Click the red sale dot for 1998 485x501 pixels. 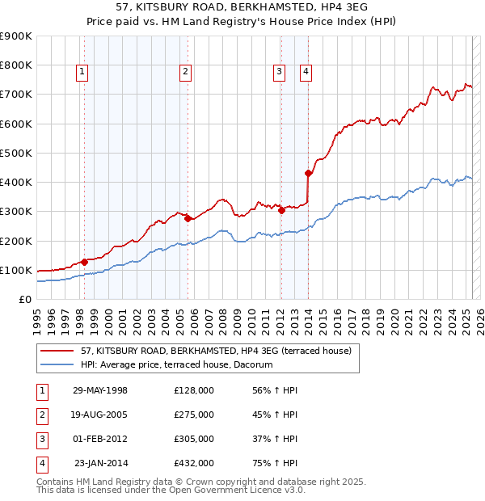tap(84, 262)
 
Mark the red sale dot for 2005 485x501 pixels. tap(188, 218)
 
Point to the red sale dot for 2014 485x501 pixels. tap(308, 173)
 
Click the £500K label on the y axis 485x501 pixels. tap(15, 153)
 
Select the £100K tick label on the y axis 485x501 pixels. tap(15, 270)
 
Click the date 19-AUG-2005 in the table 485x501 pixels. tap(99, 415)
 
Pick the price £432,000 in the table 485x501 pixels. tap(194, 463)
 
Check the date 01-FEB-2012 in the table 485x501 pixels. tap(99, 439)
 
